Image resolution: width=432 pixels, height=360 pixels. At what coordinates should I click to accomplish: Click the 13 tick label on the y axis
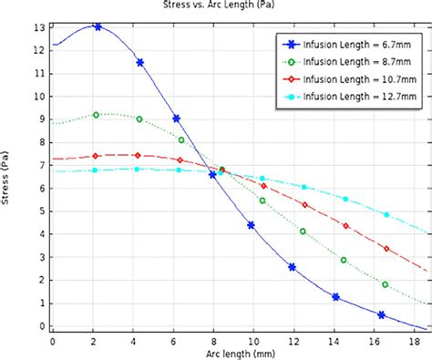pos(38,27)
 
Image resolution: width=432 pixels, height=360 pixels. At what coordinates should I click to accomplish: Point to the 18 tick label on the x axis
pos(413,341)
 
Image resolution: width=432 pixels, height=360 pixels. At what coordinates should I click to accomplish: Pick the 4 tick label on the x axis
pos(133,341)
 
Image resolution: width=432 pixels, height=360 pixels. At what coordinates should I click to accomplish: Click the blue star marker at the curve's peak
pos(98,27)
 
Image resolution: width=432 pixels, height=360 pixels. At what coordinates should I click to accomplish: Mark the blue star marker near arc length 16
pos(381,315)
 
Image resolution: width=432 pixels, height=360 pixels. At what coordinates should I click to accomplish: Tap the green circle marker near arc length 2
pos(96,115)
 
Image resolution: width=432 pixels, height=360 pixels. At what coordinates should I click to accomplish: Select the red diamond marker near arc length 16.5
pos(386,249)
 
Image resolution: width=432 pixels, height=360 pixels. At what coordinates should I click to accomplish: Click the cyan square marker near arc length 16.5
pos(386,215)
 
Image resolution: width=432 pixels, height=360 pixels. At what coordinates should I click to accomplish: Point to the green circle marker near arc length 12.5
pos(303,231)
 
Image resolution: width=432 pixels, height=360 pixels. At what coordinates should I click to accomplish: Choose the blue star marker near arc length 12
pos(292,267)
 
